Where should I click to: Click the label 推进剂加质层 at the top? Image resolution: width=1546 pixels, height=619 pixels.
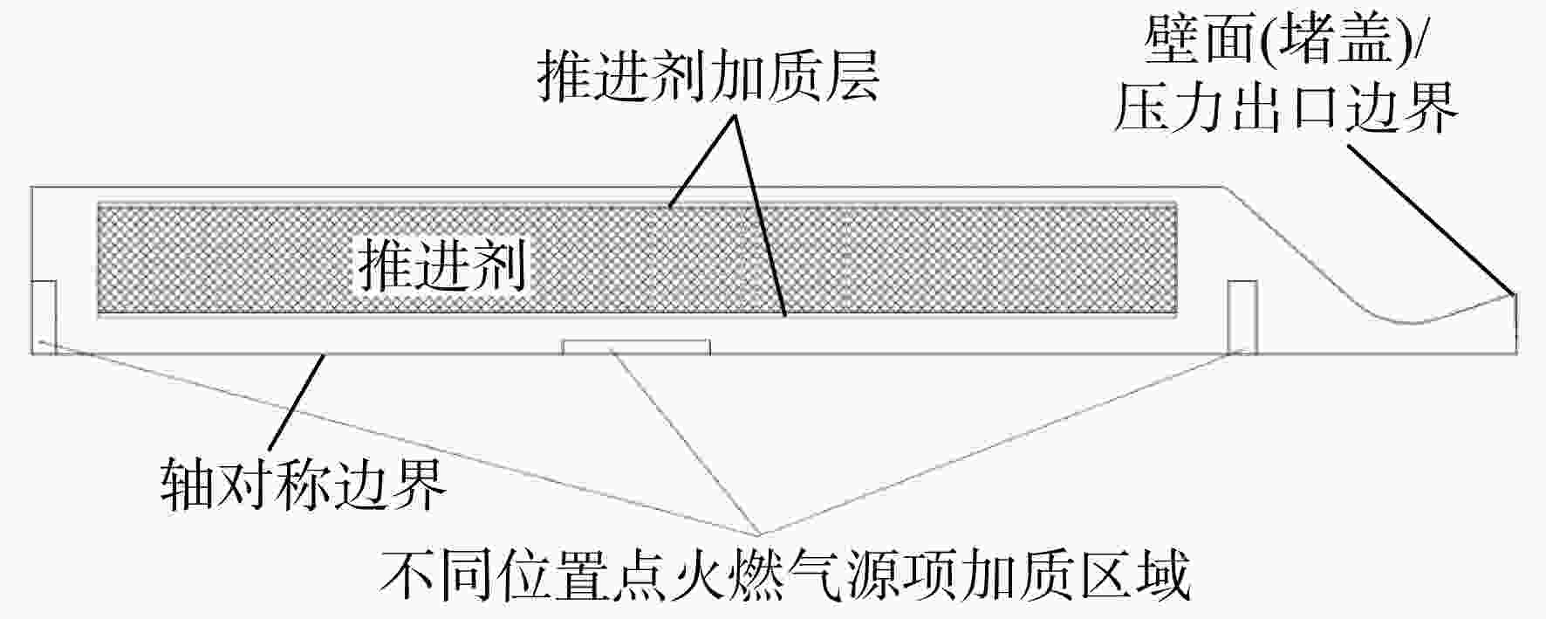708,74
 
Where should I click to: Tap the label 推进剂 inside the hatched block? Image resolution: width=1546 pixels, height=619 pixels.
443,265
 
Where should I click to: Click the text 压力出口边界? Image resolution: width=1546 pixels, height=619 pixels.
1285,107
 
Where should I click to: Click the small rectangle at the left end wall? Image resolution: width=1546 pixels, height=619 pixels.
44,317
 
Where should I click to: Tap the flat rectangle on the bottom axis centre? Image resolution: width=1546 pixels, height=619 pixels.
636,347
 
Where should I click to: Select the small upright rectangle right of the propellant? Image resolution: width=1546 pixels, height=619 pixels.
1242,317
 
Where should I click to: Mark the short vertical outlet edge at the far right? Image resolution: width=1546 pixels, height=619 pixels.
1516,323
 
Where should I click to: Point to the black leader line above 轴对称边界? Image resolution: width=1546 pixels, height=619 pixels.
299,402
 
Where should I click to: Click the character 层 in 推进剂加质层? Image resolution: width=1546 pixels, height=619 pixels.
852,74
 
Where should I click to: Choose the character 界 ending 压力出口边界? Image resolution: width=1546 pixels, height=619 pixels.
1430,107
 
